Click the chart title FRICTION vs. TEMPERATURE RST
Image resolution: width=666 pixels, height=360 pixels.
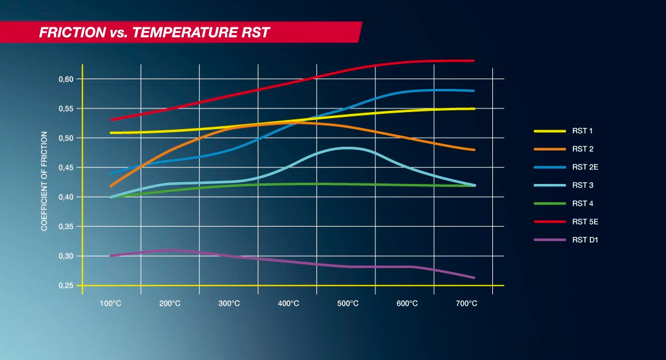(154, 32)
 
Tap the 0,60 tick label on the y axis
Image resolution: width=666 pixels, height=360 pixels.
(66, 79)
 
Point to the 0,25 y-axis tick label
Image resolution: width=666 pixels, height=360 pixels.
(66, 286)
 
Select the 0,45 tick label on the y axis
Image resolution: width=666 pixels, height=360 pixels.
(66, 168)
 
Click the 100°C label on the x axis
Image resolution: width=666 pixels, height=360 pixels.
(110, 303)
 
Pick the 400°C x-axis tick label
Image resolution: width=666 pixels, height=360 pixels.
(288, 303)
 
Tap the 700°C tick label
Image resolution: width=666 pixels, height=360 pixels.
(466, 303)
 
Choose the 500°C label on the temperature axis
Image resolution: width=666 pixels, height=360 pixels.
(347, 303)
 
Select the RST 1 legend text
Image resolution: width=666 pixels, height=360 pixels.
(581, 131)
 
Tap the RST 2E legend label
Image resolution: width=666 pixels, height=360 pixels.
(584, 168)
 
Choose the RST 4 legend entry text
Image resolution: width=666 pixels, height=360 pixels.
(581, 203)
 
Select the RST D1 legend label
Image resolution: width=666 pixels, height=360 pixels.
(584, 240)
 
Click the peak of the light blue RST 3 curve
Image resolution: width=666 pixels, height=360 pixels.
(347, 147)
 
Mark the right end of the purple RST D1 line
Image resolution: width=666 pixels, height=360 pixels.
(473, 278)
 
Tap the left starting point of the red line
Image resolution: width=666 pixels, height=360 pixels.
(111, 120)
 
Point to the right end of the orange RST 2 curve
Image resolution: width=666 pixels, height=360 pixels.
(473, 150)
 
